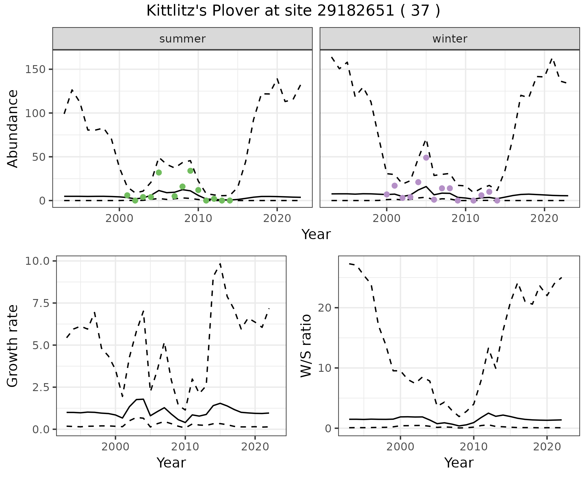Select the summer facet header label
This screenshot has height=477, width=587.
(183, 39)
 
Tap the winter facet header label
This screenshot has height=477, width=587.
(450, 39)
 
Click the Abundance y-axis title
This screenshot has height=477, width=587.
(13, 129)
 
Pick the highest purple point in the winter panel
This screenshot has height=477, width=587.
(426, 158)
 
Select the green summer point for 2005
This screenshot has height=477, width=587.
(159, 172)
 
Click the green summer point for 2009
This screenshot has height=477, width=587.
(190, 171)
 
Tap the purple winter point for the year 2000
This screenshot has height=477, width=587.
(387, 194)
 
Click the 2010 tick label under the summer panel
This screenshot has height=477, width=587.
(198, 219)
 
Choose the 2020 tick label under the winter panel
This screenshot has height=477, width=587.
(544, 219)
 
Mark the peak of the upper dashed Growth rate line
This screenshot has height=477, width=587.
(220, 264)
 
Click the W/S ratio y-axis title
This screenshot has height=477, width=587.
(306, 346)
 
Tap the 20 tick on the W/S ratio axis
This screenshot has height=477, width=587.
(325, 308)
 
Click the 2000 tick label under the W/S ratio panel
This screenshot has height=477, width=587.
(401, 447)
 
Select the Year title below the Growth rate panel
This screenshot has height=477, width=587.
(171, 463)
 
